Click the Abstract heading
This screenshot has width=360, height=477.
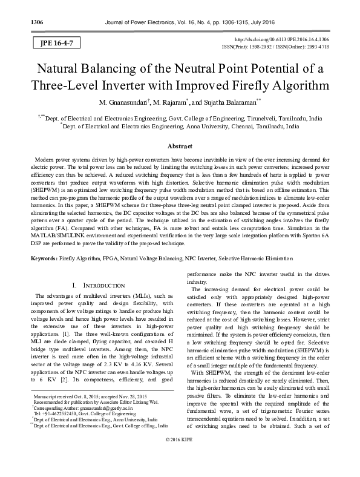pyautogui.click(x=179, y=146)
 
